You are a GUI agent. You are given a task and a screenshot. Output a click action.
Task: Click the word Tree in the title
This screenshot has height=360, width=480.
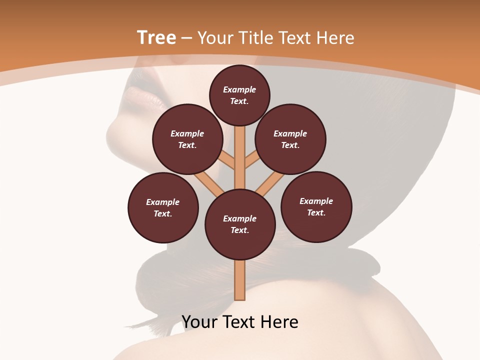click(156, 38)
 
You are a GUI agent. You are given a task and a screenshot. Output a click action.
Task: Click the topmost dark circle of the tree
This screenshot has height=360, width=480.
click(239, 95)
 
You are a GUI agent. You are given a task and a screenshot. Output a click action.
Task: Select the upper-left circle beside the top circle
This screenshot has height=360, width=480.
click(187, 139)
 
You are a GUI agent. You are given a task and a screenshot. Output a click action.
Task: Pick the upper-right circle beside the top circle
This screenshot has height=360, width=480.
click(290, 139)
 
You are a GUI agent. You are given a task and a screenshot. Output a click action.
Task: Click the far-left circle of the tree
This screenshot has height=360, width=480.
click(163, 207)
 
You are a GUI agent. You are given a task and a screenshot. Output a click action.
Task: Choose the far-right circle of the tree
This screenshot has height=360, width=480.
click(316, 206)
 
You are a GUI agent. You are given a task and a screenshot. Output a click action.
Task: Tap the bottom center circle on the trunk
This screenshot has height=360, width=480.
click(240, 224)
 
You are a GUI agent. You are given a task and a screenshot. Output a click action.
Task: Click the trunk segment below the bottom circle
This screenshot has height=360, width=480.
click(240, 280)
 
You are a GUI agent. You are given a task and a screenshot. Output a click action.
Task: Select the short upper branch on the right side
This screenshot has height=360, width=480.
click(252, 160)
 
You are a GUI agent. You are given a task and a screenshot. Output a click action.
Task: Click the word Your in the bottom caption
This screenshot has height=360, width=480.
click(200, 322)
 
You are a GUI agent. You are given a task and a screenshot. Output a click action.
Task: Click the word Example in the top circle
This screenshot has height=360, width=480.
click(239, 89)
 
